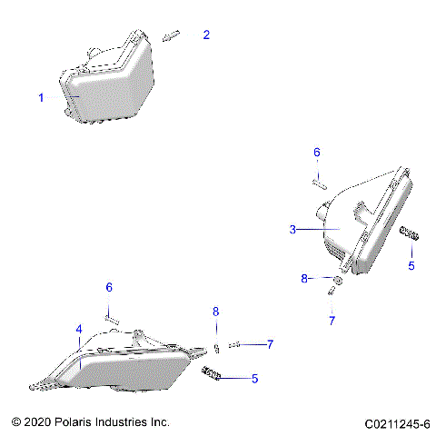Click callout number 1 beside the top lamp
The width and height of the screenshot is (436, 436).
40,98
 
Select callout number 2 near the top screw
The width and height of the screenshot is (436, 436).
206,35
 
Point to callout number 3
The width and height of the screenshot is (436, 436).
292,231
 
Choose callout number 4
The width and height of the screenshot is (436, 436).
79,329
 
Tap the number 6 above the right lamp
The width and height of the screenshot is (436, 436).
317,152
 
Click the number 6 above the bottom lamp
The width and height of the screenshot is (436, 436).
109,287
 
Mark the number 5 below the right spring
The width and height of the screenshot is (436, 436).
411,266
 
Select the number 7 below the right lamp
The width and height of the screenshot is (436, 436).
332,321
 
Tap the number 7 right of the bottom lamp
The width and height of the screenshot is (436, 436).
269,343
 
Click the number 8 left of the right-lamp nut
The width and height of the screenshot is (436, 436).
305,279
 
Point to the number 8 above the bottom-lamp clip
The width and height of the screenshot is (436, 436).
216,312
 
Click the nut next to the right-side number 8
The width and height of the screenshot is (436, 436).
336,281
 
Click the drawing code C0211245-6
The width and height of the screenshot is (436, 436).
397,423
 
